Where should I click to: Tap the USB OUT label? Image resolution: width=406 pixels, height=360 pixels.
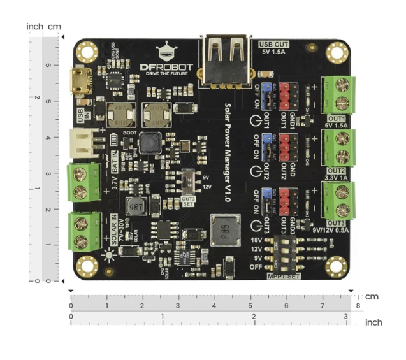click(x=274, y=45)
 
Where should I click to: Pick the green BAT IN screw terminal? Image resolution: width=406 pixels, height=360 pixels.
click(x=82, y=182)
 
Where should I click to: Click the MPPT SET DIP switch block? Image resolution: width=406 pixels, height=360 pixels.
click(x=286, y=252)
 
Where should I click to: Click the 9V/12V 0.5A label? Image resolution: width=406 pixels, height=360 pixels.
click(x=330, y=230)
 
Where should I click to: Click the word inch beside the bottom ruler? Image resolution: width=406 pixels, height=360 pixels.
click(x=373, y=322)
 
